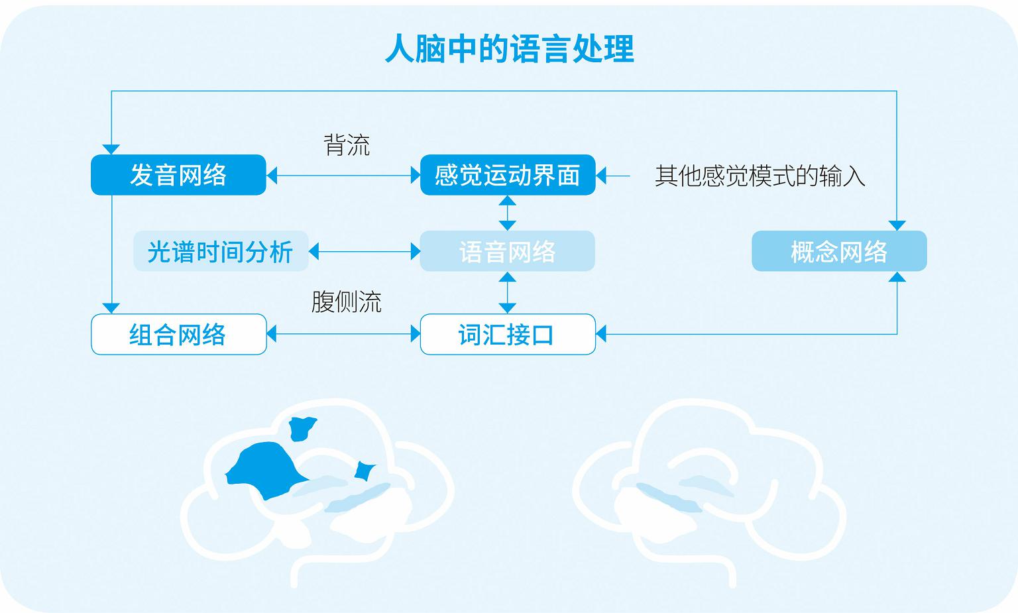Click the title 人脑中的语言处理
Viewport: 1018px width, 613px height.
click(510, 48)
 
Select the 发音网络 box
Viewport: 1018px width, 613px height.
click(178, 175)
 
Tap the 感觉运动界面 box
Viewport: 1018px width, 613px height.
click(508, 175)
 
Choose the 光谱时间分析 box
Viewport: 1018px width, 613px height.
click(221, 251)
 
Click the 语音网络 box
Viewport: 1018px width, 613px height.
click(508, 251)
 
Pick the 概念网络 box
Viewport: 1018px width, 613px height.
click(840, 251)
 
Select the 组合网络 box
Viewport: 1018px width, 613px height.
click(178, 334)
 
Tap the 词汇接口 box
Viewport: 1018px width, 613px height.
click(508, 334)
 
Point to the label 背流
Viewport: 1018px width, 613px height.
click(347, 145)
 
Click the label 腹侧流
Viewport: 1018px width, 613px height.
click(347, 302)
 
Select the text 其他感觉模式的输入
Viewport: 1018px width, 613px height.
click(760, 176)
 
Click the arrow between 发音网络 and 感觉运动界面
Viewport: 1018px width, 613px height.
click(343, 176)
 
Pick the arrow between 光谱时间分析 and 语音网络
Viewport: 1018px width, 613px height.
click(365, 251)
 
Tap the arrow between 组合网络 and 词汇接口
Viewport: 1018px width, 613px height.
click(343, 334)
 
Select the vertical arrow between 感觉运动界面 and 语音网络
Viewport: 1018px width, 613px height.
click(508, 213)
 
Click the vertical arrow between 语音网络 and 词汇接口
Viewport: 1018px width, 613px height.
click(508, 293)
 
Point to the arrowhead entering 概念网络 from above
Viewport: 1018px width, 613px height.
click(897, 225)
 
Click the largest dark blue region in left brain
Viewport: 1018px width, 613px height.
click(265, 471)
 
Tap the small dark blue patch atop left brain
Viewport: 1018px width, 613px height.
click(302, 428)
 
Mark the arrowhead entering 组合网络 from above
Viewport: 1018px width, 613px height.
click(111, 308)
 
